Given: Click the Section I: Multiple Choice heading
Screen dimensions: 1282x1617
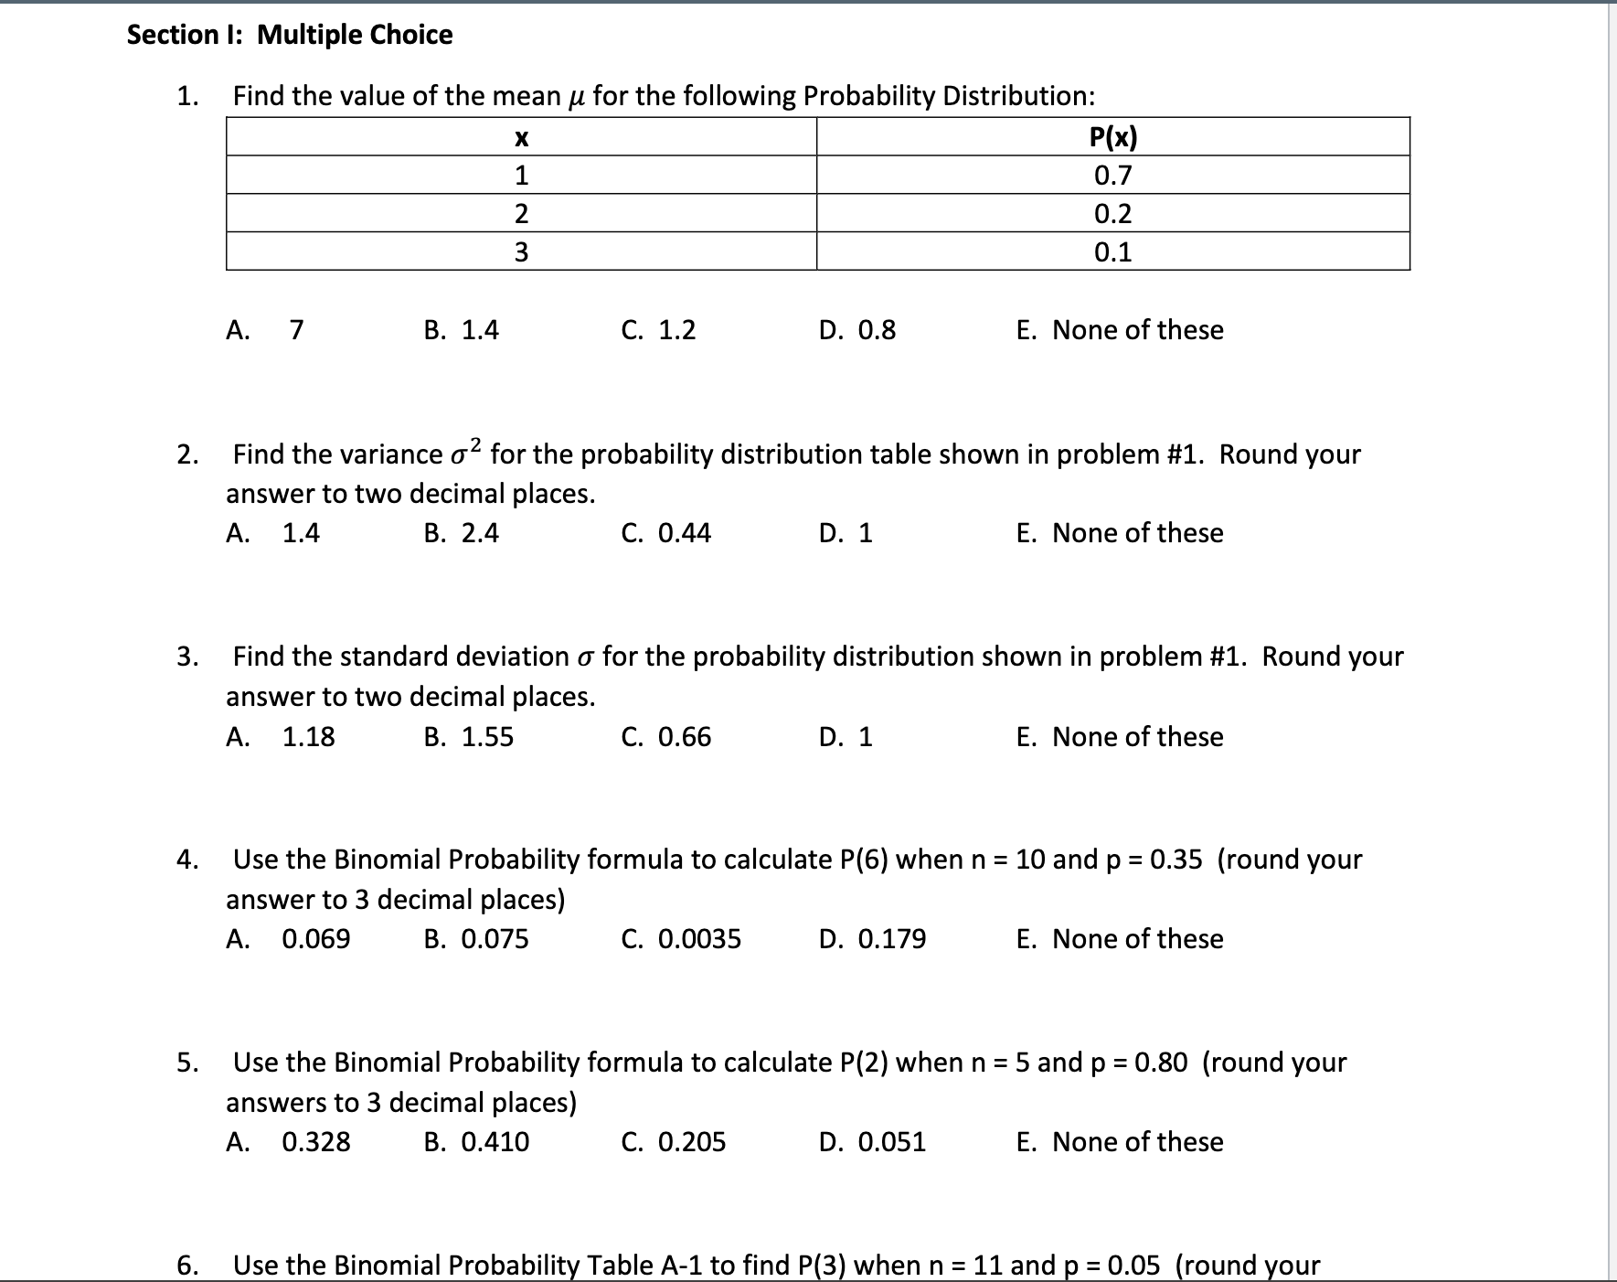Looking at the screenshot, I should coord(290,35).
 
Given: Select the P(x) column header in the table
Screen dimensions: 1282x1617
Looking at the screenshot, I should coord(1112,137).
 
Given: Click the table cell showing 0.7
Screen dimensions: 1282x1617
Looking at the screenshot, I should coord(1112,175).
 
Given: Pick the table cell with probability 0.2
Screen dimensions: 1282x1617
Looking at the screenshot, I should coord(1112,213).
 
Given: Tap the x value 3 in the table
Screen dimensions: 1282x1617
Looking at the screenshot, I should coord(521,251).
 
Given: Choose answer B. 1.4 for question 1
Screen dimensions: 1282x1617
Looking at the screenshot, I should coord(462,329).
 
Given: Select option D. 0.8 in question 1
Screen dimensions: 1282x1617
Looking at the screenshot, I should coord(857,329).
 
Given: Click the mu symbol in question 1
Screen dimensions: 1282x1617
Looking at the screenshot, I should coord(576,96).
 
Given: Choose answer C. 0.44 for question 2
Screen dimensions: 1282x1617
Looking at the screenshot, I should coord(665,532).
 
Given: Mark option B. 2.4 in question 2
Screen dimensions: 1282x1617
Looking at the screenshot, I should coord(462,532).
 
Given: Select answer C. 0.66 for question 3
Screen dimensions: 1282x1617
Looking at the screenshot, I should coord(665,736).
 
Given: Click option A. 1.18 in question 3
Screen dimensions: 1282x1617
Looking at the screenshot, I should coord(281,736).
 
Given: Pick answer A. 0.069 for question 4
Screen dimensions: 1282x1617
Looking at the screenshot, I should coord(288,938).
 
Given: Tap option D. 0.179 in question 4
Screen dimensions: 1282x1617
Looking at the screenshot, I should coord(872,938).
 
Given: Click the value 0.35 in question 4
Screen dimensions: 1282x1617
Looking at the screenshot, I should coord(1176,860).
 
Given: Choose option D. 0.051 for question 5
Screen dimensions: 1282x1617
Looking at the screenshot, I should coord(872,1141).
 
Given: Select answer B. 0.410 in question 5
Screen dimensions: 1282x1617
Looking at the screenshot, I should coord(476,1141).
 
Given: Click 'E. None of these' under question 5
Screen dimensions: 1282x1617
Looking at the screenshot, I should coord(1119,1141).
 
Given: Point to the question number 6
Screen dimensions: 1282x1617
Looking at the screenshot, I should coord(186,1265).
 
